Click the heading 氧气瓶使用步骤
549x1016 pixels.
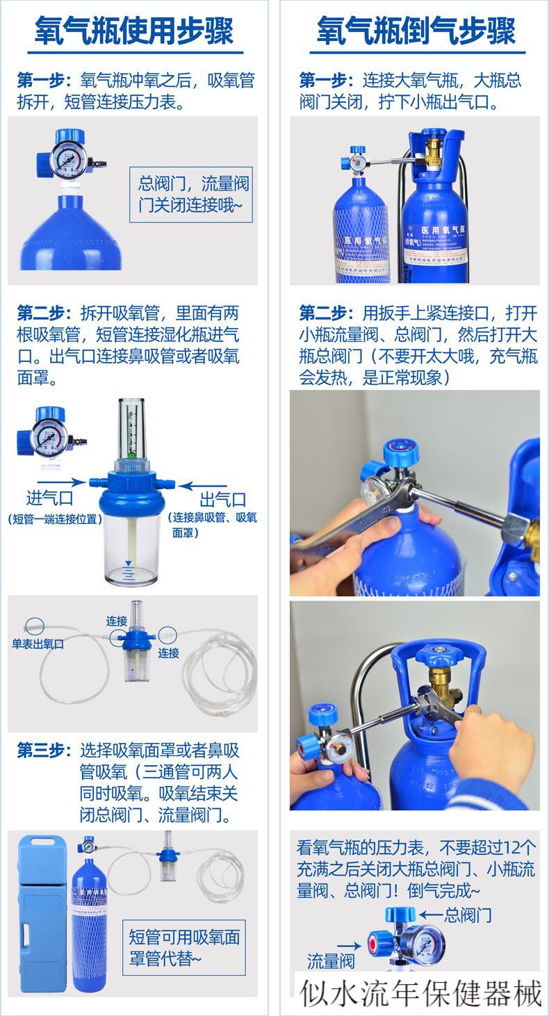click(135, 31)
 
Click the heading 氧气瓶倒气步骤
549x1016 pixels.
click(416, 31)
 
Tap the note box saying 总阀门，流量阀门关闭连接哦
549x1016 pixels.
click(193, 195)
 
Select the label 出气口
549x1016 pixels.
click(222, 499)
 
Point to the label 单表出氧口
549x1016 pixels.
click(38, 644)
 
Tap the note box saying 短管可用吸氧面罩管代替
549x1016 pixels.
click(184, 947)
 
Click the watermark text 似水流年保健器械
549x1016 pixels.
click(421, 993)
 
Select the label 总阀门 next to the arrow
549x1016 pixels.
click(468, 915)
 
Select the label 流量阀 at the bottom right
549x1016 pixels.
click(331, 961)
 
